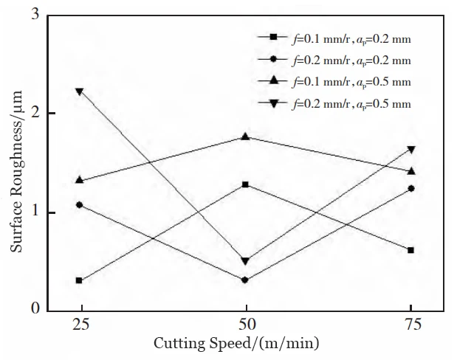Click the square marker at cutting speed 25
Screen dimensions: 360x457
tap(79, 280)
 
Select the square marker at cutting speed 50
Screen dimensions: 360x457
tap(245, 184)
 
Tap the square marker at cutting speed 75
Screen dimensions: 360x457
tap(411, 250)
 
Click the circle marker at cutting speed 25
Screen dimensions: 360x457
tap(79, 204)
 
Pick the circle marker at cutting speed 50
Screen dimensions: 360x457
tap(245, 280)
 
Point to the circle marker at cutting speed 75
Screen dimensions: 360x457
tap(411, 188)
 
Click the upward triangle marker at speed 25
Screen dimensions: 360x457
tap(79, 180)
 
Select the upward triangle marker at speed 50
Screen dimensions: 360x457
tap(245, 136)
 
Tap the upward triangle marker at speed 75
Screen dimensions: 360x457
tap(411, 170)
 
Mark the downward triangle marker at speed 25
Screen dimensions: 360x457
tap(79, 91)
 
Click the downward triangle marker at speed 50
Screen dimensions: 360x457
tap(245, 261)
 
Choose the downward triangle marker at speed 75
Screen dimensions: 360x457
tap(411, 150)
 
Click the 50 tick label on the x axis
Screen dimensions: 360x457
tap(245, 325)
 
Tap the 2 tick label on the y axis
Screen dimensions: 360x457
tap(35, 114)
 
